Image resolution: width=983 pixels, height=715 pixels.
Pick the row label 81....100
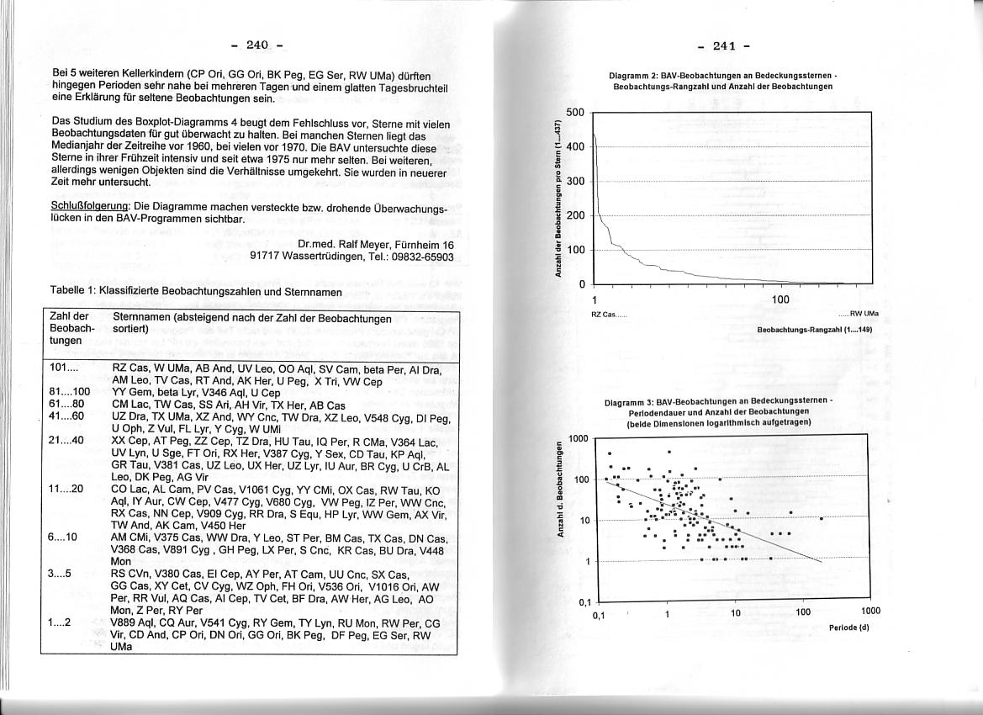tap(70, 392)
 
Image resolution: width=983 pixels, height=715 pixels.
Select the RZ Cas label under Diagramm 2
tap(602, 314)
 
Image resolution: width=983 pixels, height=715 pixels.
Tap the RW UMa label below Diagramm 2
tap(865, 314)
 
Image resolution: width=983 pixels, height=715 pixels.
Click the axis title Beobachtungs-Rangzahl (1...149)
tap(815, 330)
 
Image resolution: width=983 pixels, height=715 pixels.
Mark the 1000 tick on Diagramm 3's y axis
tap(578, 438)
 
